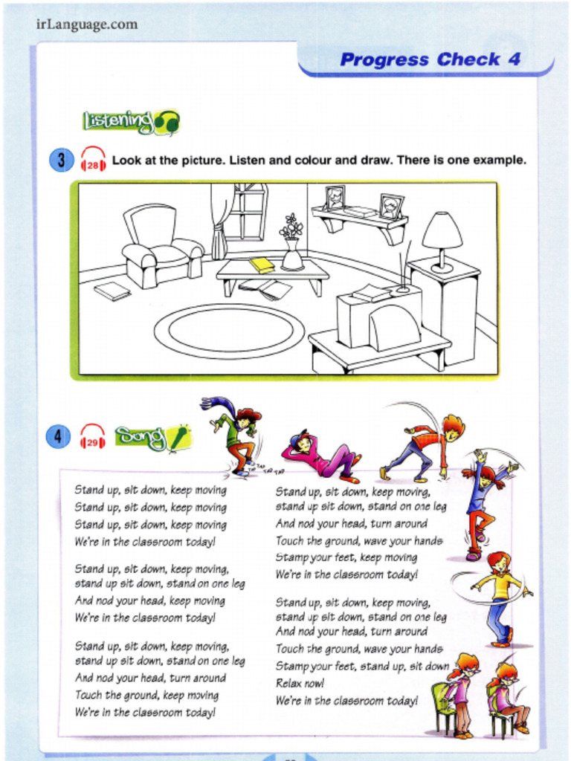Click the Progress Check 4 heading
pyautogui.click(x=430, y=60)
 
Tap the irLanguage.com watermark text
pyautogui.click(x=86, y=25)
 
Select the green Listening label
pyautogui.click(x=130, y=120)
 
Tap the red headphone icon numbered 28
pyautogui.click(x=93, y=159)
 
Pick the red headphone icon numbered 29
pyautogui.click(x=93, y=436)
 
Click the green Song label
pyautogui.click(x=152, y=438)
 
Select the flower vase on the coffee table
pyautogui.click(x=292, y=244)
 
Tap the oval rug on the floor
pyautogui.click(x=229, y=331)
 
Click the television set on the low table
pyautogui.click(x=379, y=320)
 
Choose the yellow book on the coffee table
pyautogui.click(x=262, y=264)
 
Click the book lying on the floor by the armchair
pyautogui.click(x=112, y=291)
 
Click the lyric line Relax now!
pyautogui.click(x=300, y=683)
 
